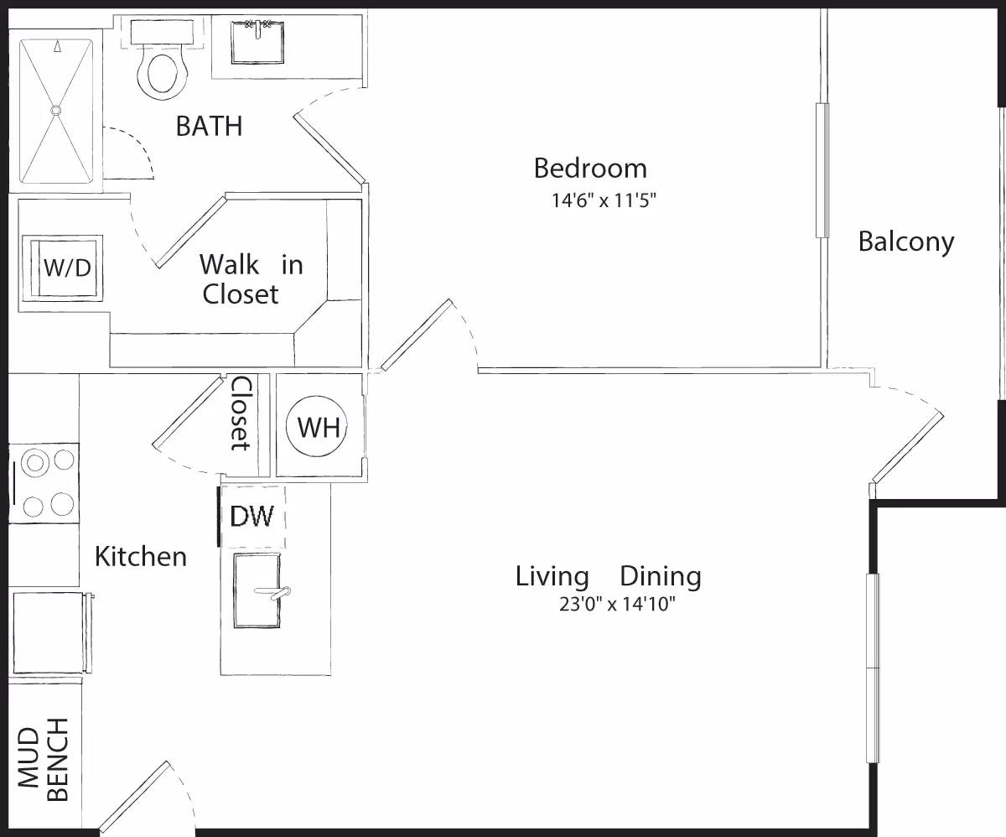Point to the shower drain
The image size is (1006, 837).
point(56,110)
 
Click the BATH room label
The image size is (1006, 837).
point(209,127)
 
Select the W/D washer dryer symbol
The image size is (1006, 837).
point(66,268)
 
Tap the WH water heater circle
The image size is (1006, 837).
point(319,427)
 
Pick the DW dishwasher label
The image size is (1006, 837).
point(251,516)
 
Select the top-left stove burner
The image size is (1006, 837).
point(35,461)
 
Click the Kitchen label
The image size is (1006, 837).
point(140,556)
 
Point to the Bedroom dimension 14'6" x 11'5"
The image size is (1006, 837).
point(590,201)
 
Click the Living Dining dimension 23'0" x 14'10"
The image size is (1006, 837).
point(617,605)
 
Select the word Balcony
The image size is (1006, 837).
point(905,242)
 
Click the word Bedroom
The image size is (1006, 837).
point(590,168)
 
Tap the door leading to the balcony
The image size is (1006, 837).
point(908,447)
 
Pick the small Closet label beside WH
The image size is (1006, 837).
point(241,413)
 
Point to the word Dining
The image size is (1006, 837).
point(660,577)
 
